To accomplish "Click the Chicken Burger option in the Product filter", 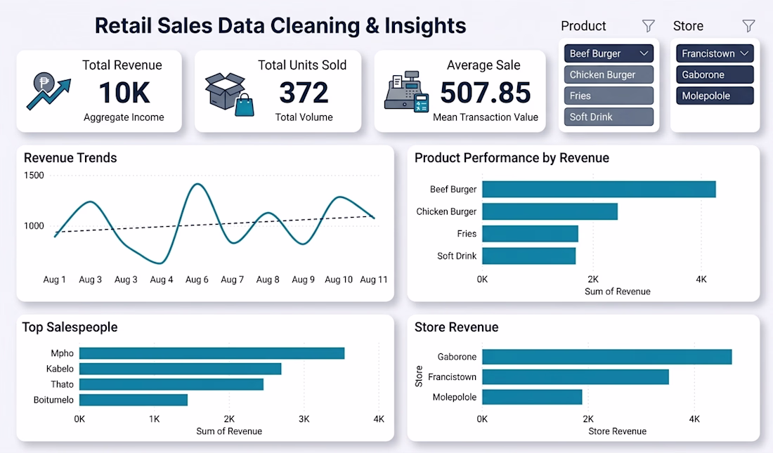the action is pyautogui.click(x=609, y=75).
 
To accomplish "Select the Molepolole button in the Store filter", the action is pyautogui.click(x=715, y=96).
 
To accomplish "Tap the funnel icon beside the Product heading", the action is pyautogui.click(x=649, y=25).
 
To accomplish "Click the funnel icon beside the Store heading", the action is pyautogui.click(x=748, y=25).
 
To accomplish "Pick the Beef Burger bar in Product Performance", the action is pyautogui.click(x=599, y=190).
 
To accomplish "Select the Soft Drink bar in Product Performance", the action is pyautogui.click(x=529, y=256).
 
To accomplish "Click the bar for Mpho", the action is pyautogui.click(x=212, y=353).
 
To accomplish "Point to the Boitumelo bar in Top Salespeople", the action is pyautogui.click(x=134, y=400).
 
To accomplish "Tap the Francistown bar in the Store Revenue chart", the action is pyautogui.click(x=576, y=377).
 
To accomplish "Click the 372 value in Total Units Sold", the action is pyautogui.click(x=304, y=93).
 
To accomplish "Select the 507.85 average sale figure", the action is pyautogui.click(x=485, y=93).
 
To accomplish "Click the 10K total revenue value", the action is pyautogui.click(x=124, y=93).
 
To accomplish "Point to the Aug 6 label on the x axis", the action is pyautogui.click(x=197, y=280).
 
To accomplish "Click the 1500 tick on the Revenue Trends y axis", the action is pyautogui.click(x=34, y=176).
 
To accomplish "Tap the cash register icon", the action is pyautogui.click(x=406, y=92).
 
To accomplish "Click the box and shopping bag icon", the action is pyautogui.click(x=229, y=94).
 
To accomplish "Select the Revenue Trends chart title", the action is pyautogui.click(x=70, y=158).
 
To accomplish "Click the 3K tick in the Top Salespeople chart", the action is pyautogui.click(x=304, y=419).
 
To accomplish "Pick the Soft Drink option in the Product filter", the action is pyautogui.click(x=609, y=117).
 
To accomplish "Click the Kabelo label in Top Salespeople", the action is pyautogui.click(x=60, y=369).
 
